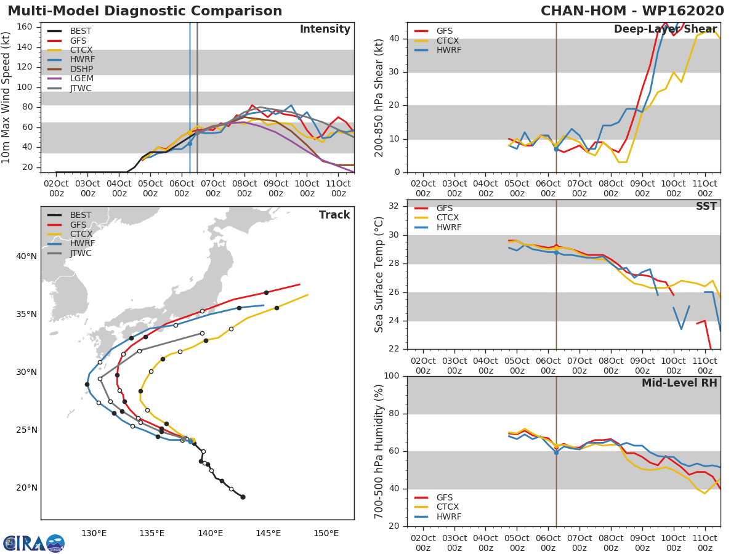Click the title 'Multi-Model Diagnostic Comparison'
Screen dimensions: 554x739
click(x=145, y=11)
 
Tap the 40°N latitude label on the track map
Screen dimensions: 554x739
click(x=26, y=256)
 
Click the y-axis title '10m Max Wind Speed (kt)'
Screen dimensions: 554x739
click(x=7, y=97)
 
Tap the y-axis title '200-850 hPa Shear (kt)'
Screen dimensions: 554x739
click(x=379, y=97)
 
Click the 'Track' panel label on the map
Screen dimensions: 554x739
click(x=334, y=215)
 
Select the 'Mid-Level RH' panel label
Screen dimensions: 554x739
click(x=679, y=383)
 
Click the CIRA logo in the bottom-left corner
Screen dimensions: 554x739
click(x=34, y=543)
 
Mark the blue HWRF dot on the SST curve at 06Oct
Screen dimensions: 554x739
click(x=556, y=252)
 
